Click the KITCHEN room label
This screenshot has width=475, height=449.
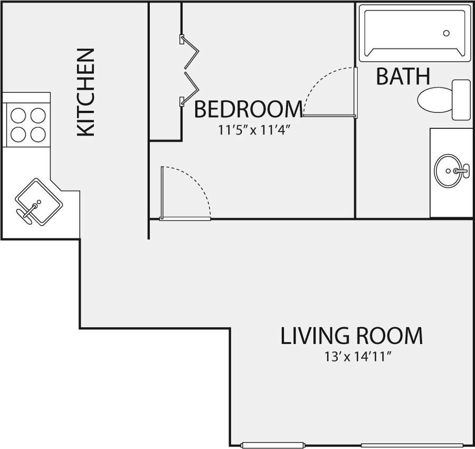click(x=85, y=93)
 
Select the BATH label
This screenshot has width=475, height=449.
click(x=403, y=77)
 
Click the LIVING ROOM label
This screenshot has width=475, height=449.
click(x=351, y=336)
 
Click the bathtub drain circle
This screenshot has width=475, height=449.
click(x=446, y=33)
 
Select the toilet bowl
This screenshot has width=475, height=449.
click(x=433, y=100)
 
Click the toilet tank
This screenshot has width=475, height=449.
click(x=461, y=100)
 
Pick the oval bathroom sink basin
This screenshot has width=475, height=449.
click(x=449, y=171)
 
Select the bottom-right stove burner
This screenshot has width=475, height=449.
click(x=38, y=134)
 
